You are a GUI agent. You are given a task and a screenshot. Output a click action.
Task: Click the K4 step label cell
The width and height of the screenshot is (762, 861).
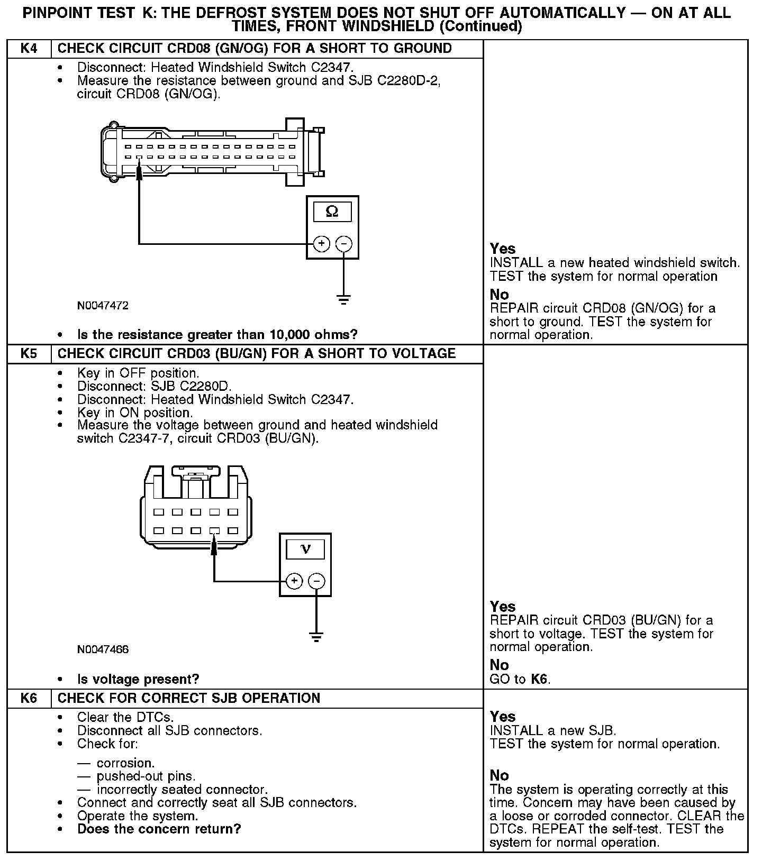[29, 49]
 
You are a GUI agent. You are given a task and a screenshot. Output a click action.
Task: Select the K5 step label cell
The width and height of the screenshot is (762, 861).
[29, 353]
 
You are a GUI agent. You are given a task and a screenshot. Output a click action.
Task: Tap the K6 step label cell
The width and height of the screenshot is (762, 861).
[29, 698]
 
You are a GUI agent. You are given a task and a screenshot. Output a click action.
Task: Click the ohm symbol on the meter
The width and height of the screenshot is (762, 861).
[332, 212]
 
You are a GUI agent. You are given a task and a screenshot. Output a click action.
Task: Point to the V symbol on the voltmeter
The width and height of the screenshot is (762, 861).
[305, 549]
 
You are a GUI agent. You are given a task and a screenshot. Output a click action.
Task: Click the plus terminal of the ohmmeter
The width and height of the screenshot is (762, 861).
[321, 244]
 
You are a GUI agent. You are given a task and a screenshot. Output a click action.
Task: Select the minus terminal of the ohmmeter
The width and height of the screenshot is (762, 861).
[344, 244]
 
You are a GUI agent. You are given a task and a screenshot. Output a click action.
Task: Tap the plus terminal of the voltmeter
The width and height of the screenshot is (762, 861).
[294, 581]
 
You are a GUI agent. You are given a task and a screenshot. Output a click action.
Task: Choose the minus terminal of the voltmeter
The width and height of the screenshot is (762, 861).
[316, 581]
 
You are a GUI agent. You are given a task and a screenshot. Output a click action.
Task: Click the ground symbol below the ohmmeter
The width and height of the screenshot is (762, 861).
[344, 300]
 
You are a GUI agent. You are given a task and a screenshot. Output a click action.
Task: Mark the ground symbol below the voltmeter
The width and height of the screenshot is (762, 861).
[316, 637]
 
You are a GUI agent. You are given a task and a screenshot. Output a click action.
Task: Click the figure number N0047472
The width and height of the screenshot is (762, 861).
[103, 306]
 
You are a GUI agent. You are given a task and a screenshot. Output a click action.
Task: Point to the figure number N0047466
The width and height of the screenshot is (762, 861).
[103, 649]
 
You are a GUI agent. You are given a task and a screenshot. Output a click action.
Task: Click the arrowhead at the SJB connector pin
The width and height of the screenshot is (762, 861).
[139, 172]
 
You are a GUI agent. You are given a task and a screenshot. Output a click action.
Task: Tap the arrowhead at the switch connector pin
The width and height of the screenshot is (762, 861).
[214, 545]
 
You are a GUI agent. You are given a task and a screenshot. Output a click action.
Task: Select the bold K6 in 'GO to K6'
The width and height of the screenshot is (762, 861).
[540, 679]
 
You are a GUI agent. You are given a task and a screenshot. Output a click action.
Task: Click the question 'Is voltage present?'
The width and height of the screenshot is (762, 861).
[138, 679]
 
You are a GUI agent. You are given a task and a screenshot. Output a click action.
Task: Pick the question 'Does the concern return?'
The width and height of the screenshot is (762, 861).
[159, 829]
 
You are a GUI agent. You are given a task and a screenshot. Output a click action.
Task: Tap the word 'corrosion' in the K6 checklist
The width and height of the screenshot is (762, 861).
[125, 763]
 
